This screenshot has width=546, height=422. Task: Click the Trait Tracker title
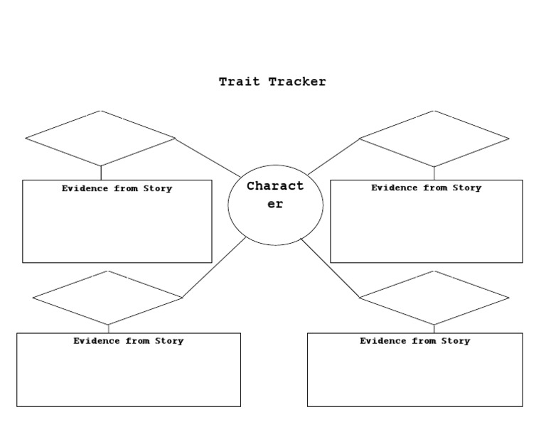(272, 82)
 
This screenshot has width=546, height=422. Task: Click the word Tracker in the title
(297, 82)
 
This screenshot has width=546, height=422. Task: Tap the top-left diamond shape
(100, 138)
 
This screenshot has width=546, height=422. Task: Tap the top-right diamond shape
(434, 139)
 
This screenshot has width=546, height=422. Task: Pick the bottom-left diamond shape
(108, 298)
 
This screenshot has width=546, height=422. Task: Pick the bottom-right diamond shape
(434, 298)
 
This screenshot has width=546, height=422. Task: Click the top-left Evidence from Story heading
(117, 189)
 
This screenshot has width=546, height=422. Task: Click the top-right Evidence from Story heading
(426, 188)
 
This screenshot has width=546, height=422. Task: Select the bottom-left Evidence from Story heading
(128, 341)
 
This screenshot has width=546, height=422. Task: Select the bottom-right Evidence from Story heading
(414, 341)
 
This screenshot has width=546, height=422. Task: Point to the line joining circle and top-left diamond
(208, 158)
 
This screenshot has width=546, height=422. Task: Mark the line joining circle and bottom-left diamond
(215, 267)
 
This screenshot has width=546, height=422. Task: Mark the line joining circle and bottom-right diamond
(330, 268)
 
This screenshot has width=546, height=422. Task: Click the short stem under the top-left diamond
(100, 173)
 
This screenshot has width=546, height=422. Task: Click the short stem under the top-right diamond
(434, 173)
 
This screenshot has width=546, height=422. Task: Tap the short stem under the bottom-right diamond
(434, 329)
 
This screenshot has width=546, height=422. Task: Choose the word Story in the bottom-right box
(456, 341)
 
